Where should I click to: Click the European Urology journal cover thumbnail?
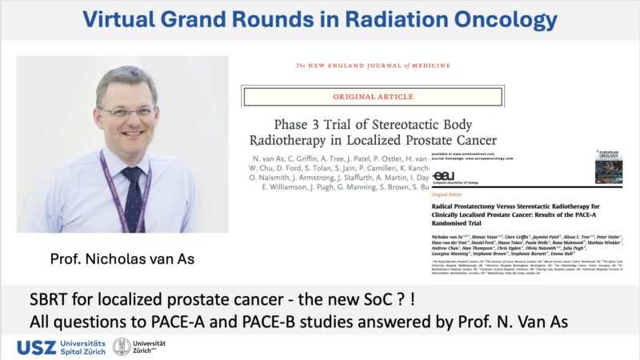click(609, 166)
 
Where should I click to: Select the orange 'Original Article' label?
click(449, 194)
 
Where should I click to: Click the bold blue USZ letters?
click(37, 347)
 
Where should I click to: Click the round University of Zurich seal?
click(122, 346)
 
